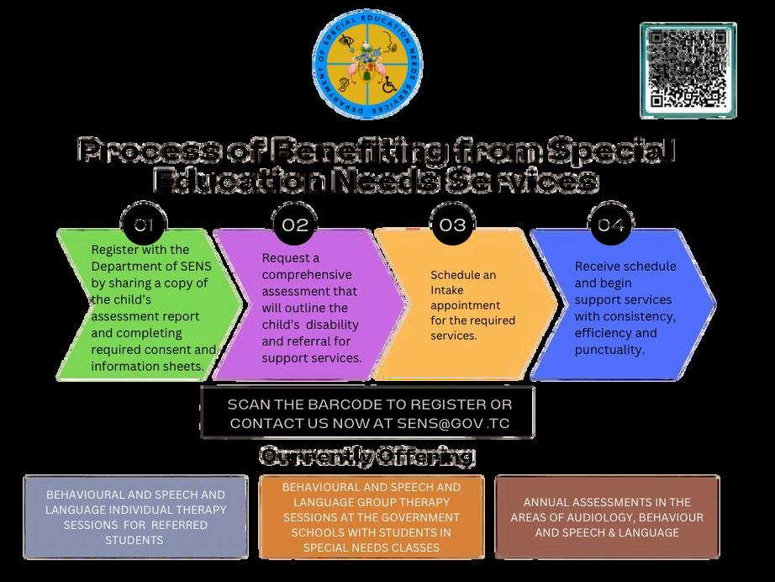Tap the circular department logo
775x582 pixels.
(367, 66)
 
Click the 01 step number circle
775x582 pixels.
(145, 225)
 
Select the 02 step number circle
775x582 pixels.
(295, 225)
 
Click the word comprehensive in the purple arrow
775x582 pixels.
(307, 274)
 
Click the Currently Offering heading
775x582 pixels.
(366, 457)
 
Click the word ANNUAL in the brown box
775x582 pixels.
(551, 502)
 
